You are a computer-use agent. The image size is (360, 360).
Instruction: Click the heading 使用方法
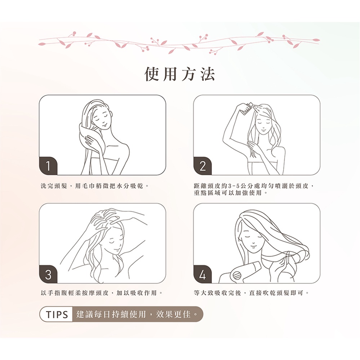coord(180,74)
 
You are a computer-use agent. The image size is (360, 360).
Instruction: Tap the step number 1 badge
coord(48,166)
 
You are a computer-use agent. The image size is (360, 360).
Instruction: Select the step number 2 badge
coord(203,166)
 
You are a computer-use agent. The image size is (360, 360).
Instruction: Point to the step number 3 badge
coord(48,274)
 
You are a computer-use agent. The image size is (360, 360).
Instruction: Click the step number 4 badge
coord(203,274)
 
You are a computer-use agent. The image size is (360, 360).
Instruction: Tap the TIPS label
coord(57,314)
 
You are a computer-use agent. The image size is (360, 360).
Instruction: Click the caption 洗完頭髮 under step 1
coord(54,186)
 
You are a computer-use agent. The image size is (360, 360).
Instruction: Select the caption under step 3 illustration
coord(101,293)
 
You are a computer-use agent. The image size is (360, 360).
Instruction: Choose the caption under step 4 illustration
coord(251,293)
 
